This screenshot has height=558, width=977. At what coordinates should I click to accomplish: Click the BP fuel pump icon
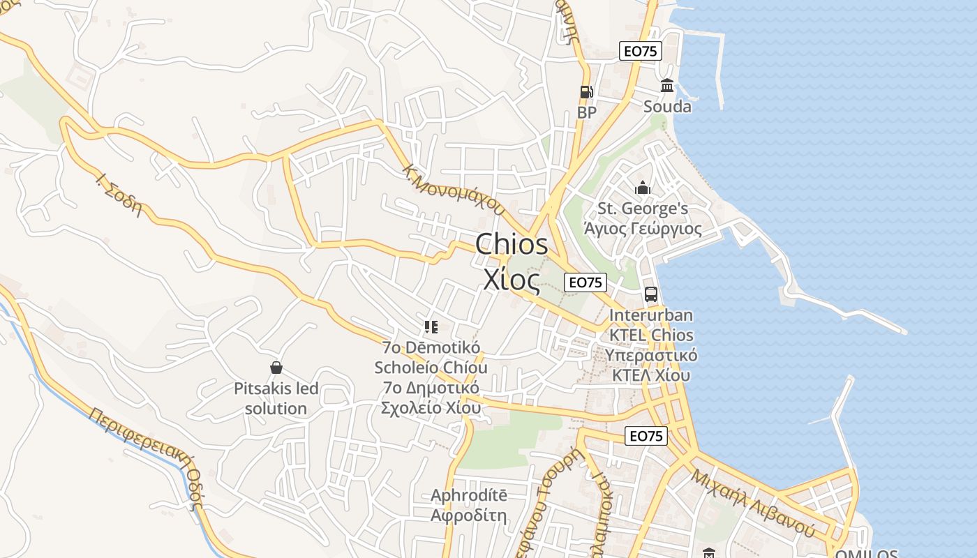pos(586,92)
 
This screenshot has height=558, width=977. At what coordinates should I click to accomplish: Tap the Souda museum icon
pos(667,86)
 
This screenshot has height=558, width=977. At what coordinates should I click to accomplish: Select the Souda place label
pos(667,107)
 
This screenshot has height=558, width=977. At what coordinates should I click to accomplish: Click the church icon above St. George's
pos(643,188)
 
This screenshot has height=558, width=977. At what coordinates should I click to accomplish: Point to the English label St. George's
pos(643,209)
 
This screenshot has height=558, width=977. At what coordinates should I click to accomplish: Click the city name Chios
pos(512,245)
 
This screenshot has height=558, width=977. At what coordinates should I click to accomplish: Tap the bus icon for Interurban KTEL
pos(651,294)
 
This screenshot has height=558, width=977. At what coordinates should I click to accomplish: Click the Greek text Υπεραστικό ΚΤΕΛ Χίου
pos(651,365)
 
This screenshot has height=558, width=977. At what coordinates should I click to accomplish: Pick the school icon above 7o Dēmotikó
pos(431,326)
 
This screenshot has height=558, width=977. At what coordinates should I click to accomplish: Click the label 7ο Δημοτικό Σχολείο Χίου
pos(431,398)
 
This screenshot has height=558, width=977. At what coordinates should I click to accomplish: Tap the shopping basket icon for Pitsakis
pos(276,368)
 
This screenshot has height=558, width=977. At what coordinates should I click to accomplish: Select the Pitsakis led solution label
pos(276,398)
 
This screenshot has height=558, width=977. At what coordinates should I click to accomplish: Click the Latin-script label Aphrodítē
pos(469,495)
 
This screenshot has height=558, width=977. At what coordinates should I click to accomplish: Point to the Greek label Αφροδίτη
pos(469,516)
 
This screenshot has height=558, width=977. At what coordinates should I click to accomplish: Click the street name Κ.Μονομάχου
pos(454,189)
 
